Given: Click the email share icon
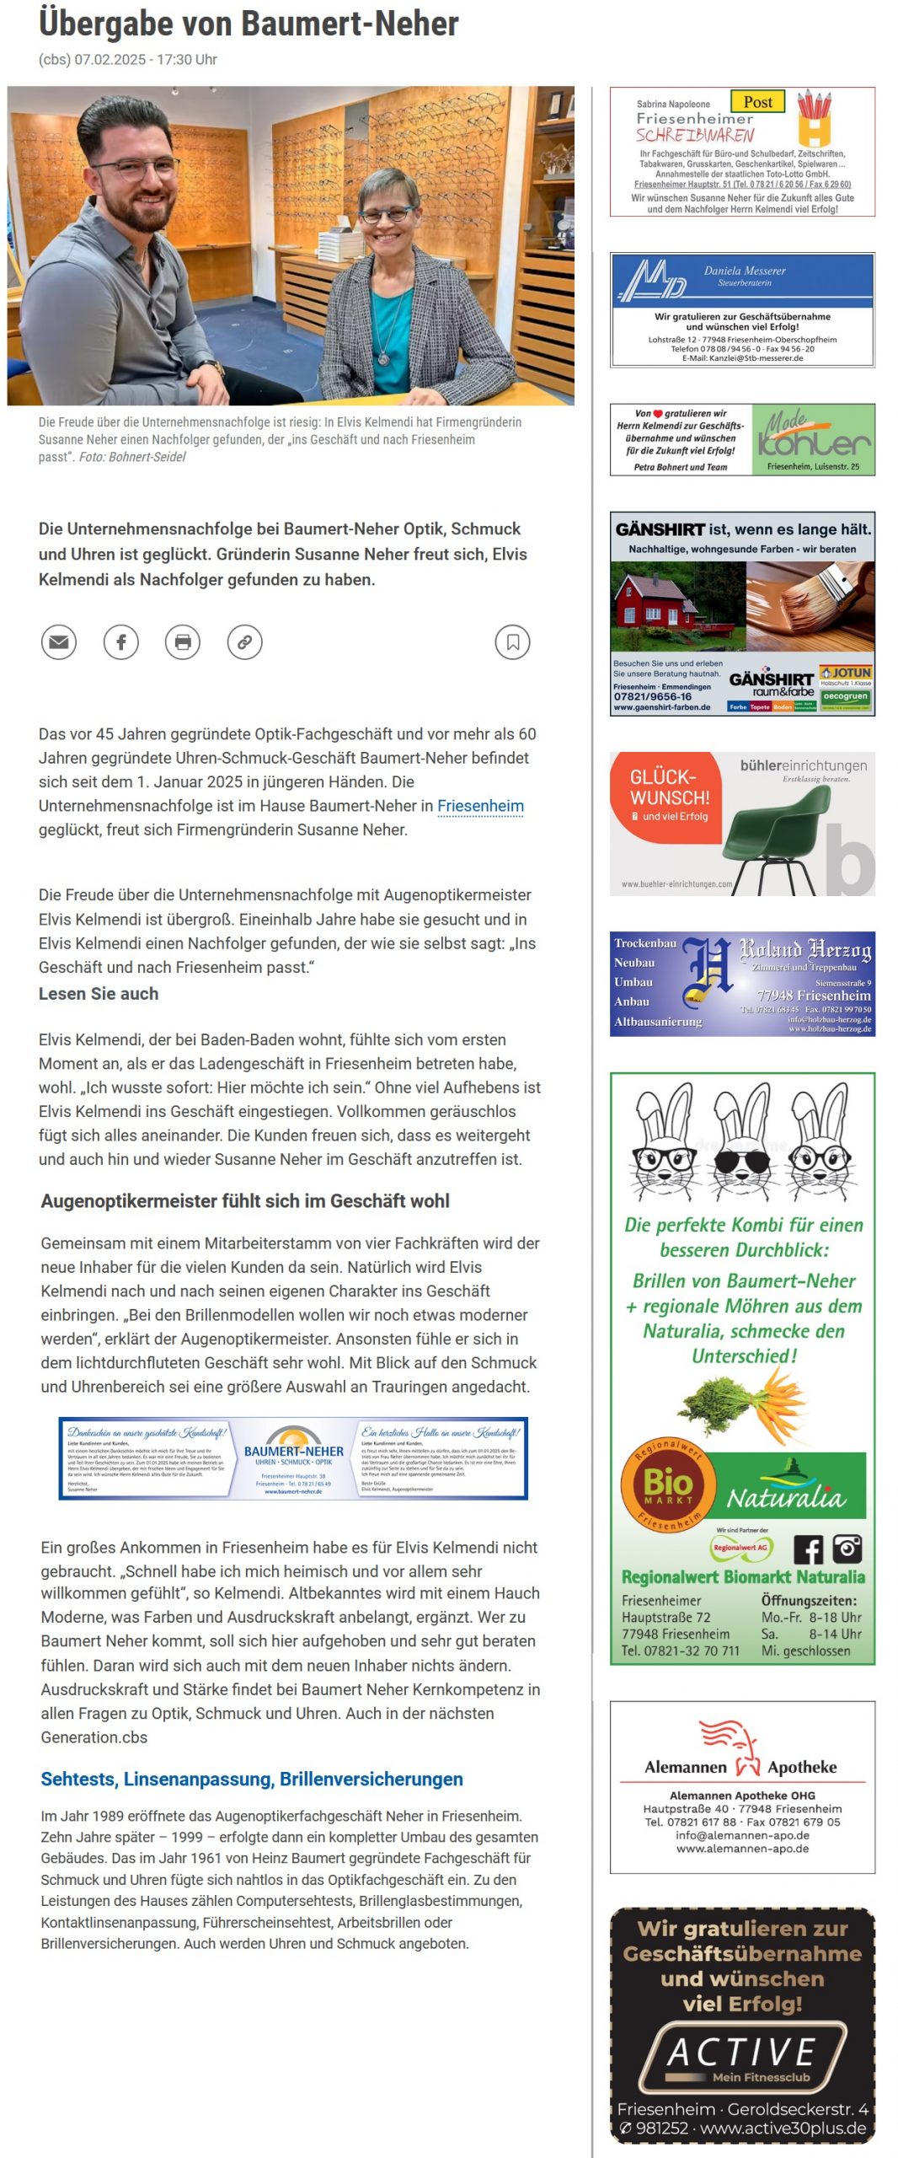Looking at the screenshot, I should pyautogui.click(x=59, y=642).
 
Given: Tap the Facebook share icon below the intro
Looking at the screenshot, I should pyautogui.click(x=121, y=642).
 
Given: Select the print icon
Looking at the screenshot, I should pyautogui.click(x=183, y=642).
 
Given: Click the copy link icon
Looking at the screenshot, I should pyautogui.click(x=244, y=642).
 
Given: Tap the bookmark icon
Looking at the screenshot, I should pyautogui.click(x=512, y=642).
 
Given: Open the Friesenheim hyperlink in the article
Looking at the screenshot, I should pyautogui.click(x=480, y=806).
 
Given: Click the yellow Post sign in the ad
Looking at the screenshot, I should pyautogui.click(x=757, y=102).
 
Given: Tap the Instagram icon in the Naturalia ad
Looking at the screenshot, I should pyautogui.click(x=847, y=1549).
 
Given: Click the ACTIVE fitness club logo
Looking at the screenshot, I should pyautogui.click(x=742, y=2058).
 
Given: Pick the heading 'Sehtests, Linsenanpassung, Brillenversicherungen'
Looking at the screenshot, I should pyautogui.click(x=252, y=1780).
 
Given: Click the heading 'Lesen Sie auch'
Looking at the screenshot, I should pyautogui.click(x=99, y=994).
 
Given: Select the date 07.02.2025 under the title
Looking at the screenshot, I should pyautogui.click(x=110, y=60).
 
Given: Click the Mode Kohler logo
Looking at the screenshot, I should pyautogui.click(x=812, y=440).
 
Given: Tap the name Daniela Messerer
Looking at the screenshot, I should pyautogui.click(x=745, y=271).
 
